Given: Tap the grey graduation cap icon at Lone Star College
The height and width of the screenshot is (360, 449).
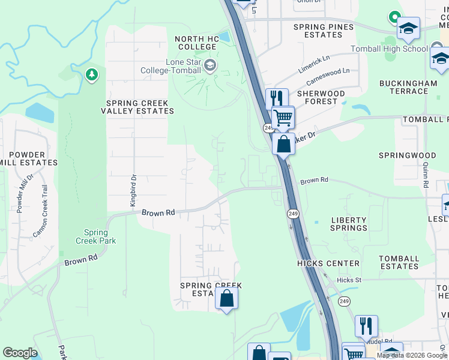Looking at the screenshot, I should tap(210, 65).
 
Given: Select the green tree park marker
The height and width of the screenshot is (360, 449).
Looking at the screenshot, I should tap(91, 75).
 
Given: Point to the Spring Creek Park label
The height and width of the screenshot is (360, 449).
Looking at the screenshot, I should tap(95, 236).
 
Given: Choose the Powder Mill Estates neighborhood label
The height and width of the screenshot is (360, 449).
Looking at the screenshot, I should tap(28, 158).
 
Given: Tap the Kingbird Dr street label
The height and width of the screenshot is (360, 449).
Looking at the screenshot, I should tap(133, 191).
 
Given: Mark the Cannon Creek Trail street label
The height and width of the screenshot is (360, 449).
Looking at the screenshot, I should tap(40, 211).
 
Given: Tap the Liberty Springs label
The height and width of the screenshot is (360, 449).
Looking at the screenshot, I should tap(349, 224).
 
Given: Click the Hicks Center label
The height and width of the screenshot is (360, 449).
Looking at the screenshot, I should tap(328, 263).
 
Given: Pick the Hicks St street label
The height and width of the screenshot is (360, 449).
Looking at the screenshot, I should tap(349, 280).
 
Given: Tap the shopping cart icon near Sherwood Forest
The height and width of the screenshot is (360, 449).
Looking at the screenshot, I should tap(282, 117).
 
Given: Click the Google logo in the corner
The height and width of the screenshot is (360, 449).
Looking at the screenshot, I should tap(20, 352).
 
